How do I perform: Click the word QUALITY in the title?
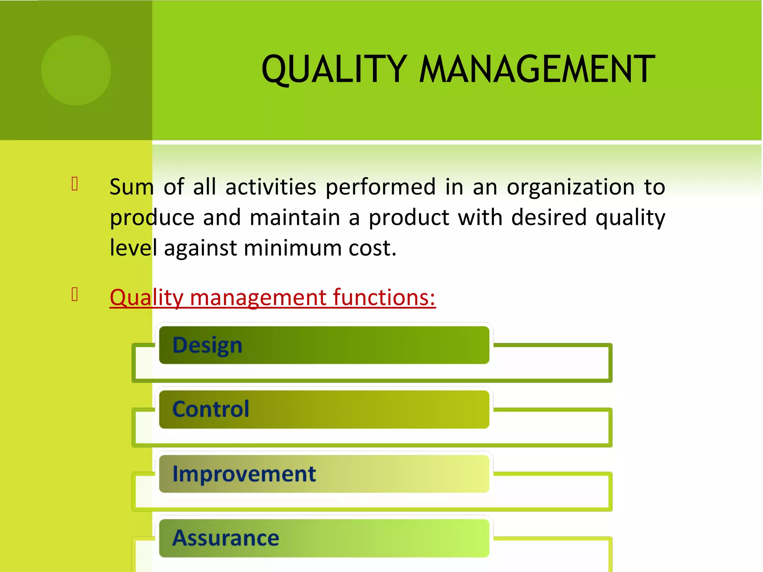pos(334,69)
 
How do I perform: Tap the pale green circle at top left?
pos(76,70)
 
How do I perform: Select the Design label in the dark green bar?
pos(208,345)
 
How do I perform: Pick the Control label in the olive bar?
pos(211,409)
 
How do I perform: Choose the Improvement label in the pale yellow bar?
pos(244,474)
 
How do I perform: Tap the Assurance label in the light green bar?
pos(226,538)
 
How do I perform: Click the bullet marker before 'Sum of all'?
pos(75,184)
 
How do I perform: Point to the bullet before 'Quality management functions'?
pos(75,294)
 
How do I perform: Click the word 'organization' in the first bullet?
pos(570,187)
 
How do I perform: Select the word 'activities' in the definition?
pos(271,187)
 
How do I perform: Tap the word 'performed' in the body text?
pos(380,188)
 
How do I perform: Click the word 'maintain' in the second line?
pos(295,217)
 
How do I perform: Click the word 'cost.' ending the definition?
pos(372,248)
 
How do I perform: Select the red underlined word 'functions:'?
pos(384,298)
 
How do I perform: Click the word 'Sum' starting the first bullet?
pos(132,187)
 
